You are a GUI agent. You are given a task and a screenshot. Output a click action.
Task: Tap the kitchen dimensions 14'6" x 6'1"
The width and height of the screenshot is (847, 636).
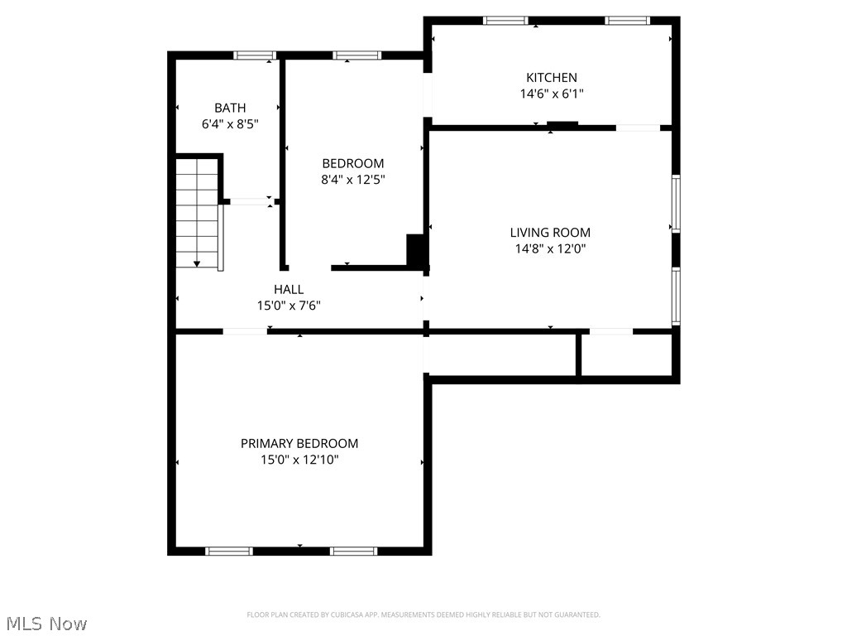tap(552, 94)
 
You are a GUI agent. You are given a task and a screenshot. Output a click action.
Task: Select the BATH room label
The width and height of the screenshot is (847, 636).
tap(230, 108)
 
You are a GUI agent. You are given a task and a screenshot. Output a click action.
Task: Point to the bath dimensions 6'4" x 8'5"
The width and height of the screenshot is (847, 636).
tap(230, 124)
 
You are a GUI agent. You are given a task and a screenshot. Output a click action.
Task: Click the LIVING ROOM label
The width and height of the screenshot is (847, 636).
tap(550, 233)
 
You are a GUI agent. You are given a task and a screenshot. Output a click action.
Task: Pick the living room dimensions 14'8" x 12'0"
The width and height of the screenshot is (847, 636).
tap(550, 248)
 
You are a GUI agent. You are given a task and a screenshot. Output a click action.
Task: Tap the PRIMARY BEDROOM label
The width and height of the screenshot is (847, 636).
tap(299, 444)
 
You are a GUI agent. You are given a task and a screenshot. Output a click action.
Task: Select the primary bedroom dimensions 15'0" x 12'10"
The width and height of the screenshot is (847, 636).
tap(299, 460)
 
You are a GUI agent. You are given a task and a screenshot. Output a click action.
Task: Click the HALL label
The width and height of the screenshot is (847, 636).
tap(289, 289)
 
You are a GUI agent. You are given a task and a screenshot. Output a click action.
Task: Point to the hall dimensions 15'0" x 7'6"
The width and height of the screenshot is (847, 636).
tap(289, 305)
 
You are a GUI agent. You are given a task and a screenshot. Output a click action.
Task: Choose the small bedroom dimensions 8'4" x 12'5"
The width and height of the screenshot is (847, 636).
tap(353, 179)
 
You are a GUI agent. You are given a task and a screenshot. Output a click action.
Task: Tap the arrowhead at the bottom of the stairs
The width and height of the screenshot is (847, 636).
tap(197, 263)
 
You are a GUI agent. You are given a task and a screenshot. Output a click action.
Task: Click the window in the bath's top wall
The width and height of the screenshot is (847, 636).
tap(254, 55)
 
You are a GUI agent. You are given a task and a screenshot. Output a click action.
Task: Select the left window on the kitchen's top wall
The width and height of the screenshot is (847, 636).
tap(505, 21)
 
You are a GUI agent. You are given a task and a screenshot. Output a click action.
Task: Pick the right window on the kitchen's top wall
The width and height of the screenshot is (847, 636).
tap(627, 21)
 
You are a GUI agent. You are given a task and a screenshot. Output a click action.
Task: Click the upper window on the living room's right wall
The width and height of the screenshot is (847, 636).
tap(676, 204)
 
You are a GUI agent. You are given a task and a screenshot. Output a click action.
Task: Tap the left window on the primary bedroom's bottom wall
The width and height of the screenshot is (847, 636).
tap(229, 551)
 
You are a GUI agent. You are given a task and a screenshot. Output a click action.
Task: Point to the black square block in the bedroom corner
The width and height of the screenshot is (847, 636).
tap(417, 250)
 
